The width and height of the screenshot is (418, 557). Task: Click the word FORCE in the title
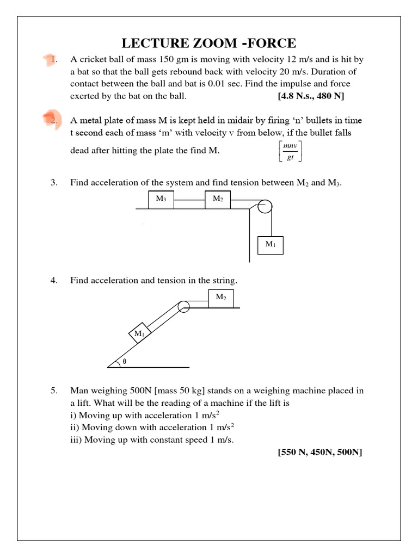(271, 43)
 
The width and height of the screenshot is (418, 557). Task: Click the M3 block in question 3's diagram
(161, 199)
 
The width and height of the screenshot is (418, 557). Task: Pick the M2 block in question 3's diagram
(218, 199)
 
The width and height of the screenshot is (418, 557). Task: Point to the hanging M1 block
(271, 245)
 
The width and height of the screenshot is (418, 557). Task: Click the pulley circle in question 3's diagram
(265, 207)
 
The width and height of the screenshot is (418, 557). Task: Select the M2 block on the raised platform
(221, 298)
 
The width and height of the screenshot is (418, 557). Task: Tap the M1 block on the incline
(140, 333)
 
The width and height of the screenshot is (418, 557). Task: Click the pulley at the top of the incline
(183, 306)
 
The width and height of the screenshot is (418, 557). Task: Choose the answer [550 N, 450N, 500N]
(320, 452)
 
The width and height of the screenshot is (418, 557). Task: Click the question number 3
(54, 183)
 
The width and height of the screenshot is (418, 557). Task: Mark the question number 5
(54, 391)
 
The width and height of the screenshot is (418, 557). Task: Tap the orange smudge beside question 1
(50, 61)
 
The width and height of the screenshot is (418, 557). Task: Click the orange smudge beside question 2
(52, 118)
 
